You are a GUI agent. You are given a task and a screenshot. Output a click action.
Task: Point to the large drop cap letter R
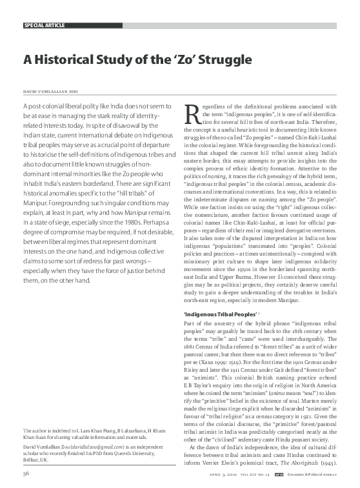click(x=192, y=114)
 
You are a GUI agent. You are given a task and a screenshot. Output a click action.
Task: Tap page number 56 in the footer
click(x=27, y=473)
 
